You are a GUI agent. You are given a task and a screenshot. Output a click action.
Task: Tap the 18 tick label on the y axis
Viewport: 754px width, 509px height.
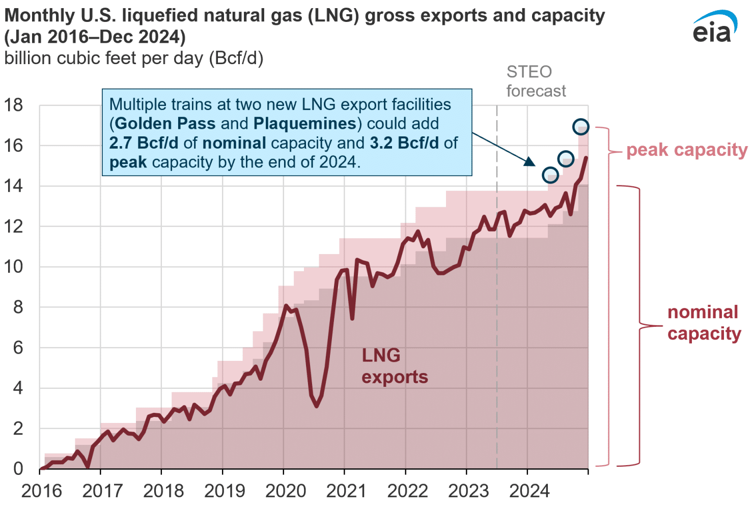[13, 105]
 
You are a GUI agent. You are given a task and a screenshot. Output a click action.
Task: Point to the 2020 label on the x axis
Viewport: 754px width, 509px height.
[286, 491]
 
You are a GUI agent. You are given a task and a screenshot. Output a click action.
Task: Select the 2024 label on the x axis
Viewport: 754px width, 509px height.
[529, 491]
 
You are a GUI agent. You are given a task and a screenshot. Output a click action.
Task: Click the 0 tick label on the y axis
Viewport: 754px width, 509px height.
[18, 468]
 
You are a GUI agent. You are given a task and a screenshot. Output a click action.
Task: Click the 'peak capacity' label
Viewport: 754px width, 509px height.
[686, 150]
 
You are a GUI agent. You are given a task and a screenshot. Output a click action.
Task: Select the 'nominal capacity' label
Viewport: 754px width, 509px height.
[704, 323]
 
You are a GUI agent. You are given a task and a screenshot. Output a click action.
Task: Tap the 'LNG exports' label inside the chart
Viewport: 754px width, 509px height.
[395, 366]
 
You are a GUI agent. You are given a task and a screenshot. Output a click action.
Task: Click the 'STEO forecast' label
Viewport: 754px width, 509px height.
[535, 81]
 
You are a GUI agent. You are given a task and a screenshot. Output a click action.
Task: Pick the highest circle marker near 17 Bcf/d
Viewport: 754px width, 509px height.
[581, 126]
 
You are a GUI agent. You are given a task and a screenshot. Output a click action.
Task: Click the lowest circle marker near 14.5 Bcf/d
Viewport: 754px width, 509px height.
[550, 175]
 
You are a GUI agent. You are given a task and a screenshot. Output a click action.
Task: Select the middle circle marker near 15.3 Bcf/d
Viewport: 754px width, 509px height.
[566, 159]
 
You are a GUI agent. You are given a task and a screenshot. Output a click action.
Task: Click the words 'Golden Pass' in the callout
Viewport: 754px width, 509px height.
[165, 124]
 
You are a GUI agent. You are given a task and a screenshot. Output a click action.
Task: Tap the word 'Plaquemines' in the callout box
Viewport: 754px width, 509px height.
[304, 124]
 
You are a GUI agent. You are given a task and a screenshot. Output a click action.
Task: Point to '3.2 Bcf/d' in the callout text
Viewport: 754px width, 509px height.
[404, 143]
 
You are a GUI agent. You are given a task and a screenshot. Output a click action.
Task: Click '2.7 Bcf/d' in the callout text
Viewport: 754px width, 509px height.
[144, 143]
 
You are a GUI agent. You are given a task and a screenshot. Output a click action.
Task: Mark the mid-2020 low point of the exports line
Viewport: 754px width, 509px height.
[317, 406]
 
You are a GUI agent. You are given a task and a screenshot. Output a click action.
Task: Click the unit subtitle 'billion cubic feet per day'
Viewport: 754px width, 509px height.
[133, 59]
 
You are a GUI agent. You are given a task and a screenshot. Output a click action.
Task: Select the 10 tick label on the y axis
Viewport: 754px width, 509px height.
[13, 267]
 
